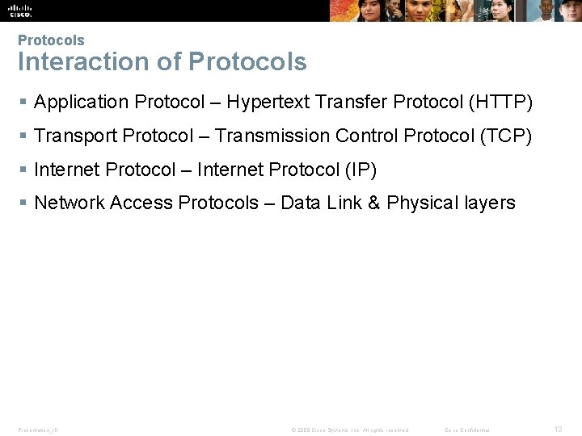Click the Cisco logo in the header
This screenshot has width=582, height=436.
pyautogui.click(x=20, y=10)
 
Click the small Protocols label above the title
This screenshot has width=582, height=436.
pyautogui.click(x=51, y=40)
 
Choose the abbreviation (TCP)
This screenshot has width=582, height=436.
pyautogui.click(x=505, y=136)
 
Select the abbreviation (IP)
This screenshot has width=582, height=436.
pyautogui.click(x=361, y=170)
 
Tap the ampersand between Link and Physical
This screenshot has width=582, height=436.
pyautogui.click(x=373, y=203)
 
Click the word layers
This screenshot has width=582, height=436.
pyautogui.click(x=490, y=203)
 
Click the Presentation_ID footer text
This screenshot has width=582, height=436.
pyautogui.click(x=38, y=430)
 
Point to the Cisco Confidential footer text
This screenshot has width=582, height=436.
pyautogui.click(x=467, y=430)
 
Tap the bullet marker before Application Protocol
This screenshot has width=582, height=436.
pyautogui.click(x=23, y=103)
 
